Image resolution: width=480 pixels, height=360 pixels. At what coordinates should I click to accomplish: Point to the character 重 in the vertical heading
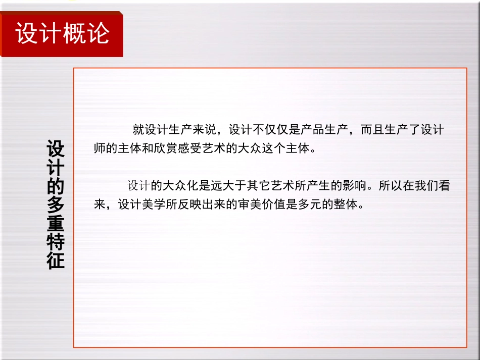pos(56,224)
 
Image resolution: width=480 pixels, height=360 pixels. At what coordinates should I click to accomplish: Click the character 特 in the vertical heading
pos(56,243)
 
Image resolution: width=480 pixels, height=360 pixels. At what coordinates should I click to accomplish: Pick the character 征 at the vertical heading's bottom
pos(56,262)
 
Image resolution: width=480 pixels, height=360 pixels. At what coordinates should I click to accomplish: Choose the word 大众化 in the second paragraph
pos(175,186)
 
